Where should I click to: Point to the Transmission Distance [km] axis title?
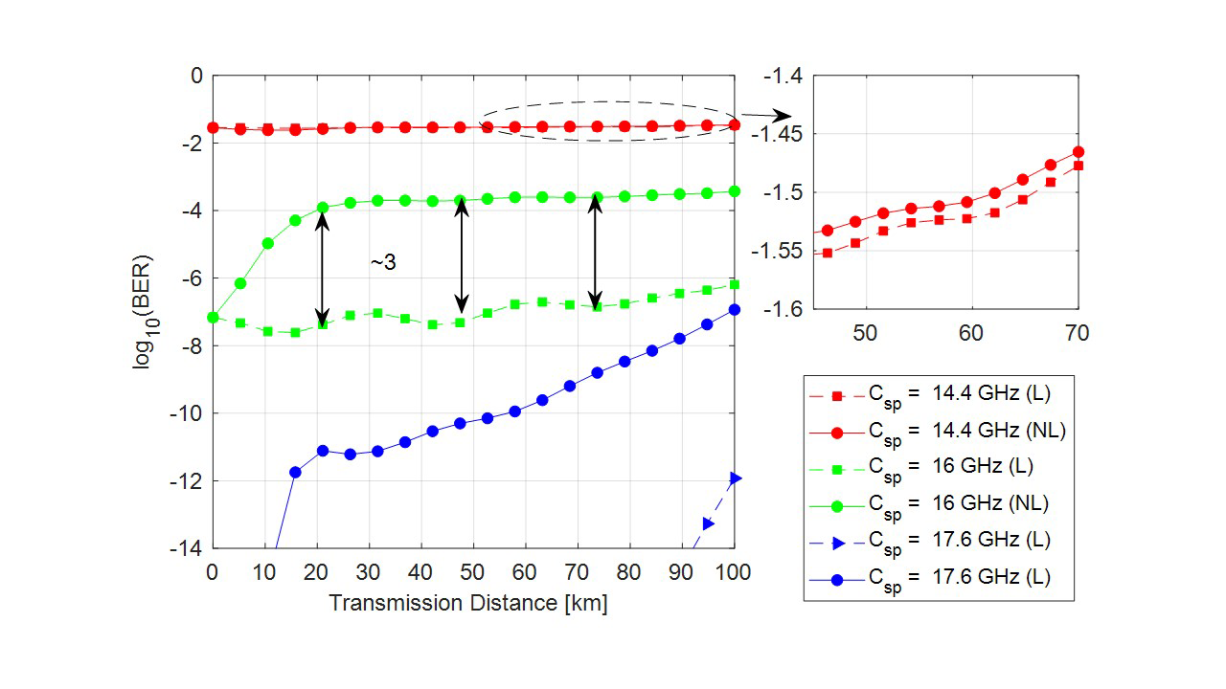coord(468,604)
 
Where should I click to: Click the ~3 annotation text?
coord(383,262)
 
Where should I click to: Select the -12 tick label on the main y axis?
coord(188,480)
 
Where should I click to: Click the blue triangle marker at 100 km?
coord(735,478)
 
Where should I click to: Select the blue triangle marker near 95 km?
coord(708,523)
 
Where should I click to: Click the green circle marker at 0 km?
coord(214,317)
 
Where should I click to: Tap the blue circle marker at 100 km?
coord(735,309)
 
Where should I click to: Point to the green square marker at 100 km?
coord(735,284)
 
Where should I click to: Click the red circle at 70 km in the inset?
coord(1078,151)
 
